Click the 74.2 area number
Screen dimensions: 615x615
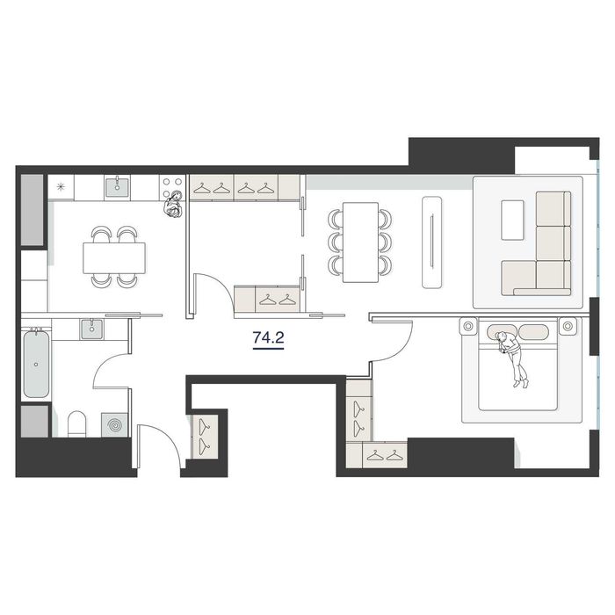268,336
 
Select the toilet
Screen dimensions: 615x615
77,424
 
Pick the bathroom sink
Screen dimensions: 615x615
91,329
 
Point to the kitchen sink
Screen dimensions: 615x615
117,185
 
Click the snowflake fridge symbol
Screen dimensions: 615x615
61,186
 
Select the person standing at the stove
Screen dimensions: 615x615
173,205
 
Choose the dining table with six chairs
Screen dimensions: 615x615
360,242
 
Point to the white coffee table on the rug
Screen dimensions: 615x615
512,220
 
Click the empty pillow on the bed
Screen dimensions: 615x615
533,333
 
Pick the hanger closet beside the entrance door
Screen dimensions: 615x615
204,435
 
